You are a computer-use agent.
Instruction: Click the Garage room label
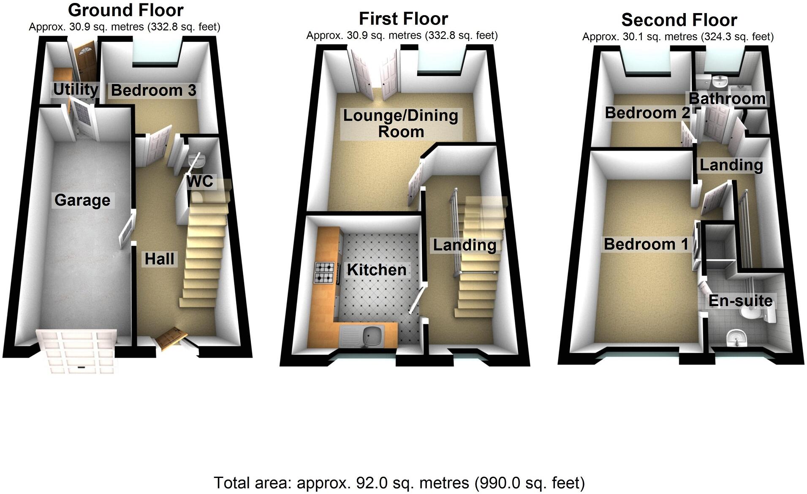click(x=82, y=200)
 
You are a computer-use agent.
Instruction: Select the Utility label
click(x=76, y=90)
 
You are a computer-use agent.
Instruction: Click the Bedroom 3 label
click(x=153, y=90)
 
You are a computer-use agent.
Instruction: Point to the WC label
click(x=200, y=182)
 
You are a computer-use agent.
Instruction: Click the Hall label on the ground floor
click(x=159, y=259)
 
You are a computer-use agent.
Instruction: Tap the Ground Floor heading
click(x=125, y=10)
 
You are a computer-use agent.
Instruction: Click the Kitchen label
click(x=376, y=270)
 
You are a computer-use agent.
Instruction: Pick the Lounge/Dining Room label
click(x=400, y=123)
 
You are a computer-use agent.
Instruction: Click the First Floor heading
click(x=403, y=19)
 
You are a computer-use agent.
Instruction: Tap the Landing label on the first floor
click(x=465, y=245)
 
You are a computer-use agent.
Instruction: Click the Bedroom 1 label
click(x=646, y=244)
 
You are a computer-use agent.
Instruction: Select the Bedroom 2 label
click(x=647, y=113)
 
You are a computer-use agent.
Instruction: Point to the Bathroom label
click(x=727, y=98)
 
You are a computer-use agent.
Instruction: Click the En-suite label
click(x=740, y=301)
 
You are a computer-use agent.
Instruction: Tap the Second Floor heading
click(x=679, y=20)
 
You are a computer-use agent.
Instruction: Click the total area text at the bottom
click(x=399, y=483)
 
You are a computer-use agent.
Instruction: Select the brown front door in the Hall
click(x=171, y=338)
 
